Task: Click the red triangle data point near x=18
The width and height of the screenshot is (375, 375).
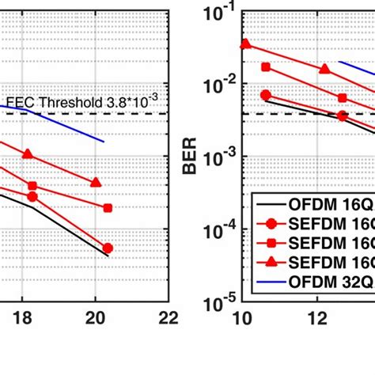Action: point(28,154)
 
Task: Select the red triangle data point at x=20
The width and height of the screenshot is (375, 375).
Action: point(96,183)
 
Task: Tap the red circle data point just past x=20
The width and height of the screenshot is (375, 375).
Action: point(108,248)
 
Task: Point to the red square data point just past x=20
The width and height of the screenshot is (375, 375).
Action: point(108,208)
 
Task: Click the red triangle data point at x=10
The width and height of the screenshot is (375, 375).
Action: point(245,44)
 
